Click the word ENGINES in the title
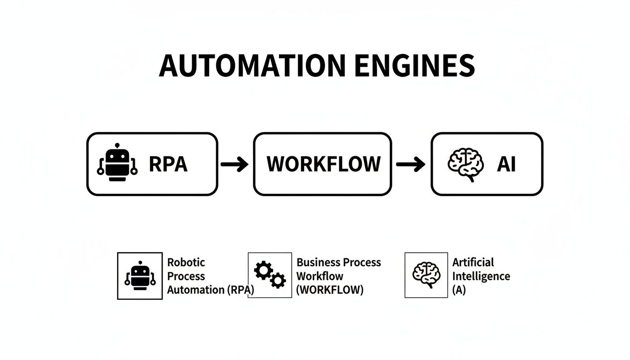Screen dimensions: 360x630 (414, 66)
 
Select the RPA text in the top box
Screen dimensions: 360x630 (168, 164)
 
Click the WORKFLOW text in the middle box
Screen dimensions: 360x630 (323, 164)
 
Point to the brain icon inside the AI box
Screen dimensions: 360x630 (465, 165)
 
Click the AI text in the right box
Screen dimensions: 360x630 (506, 164)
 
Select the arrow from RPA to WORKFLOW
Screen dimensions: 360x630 (235, 164)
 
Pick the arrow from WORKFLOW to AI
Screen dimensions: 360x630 (410, 164)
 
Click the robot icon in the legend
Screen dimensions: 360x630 (140, 276)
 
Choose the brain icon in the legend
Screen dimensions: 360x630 (427, 275)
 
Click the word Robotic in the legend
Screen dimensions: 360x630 (186, 262)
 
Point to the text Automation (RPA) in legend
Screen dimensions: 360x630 (210, 290)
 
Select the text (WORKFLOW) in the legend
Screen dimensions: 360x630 (330, 290)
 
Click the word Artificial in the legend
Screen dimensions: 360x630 (473, 262)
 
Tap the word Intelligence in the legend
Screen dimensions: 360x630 (481, 276)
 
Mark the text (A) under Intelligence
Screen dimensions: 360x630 (459, 290)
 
